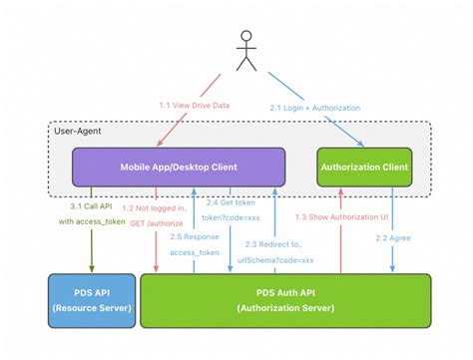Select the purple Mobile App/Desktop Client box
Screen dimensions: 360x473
point(179,167)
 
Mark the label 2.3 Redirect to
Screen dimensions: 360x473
point(273,244)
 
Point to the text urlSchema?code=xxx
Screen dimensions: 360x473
point(273,259)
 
